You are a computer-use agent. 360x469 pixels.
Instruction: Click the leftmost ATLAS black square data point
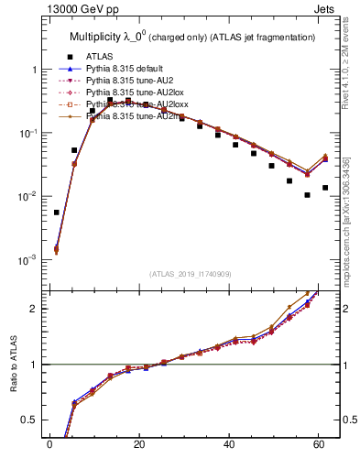pos(57,213)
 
